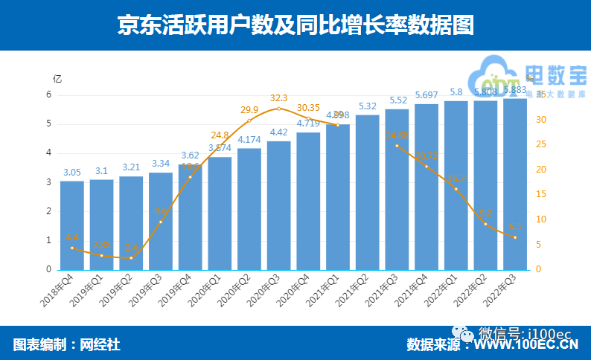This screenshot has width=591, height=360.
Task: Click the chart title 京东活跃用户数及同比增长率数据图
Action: (295, 25)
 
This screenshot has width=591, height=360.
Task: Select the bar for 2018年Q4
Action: (72, 225)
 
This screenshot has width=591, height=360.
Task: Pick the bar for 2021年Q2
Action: (367, 192)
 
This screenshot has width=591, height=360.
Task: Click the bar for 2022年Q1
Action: (456, 185)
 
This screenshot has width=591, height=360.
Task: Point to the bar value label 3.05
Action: (72, 172)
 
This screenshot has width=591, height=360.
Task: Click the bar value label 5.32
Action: (367, 106)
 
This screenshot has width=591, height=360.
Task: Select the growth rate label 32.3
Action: (278, 97)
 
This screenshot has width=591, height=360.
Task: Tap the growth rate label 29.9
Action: (249, 110)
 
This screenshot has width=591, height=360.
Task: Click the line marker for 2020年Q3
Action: (278, 109)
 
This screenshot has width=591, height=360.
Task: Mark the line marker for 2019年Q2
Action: (131, 257)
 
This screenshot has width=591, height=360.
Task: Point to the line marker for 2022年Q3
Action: (514, 237)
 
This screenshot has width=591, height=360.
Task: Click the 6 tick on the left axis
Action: (48, 94)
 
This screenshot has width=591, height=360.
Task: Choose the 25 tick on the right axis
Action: (541, 144)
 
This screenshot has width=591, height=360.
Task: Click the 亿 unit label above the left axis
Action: (57, 78)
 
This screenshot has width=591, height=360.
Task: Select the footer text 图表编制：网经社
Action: (66, 344)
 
